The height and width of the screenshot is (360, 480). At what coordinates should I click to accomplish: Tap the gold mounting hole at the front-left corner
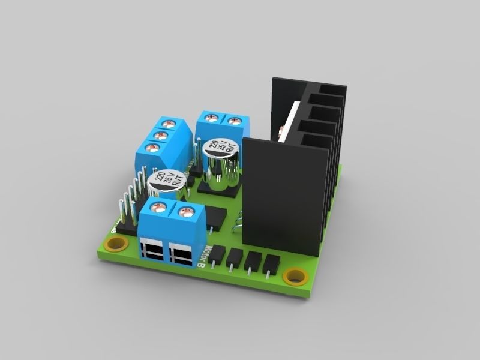(115, 244)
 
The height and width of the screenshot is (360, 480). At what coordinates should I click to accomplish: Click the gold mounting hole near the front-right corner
(295, 276)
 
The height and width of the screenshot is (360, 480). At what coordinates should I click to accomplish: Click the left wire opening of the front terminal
(154, 249)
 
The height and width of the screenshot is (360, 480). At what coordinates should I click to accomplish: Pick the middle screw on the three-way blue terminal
(160, 136)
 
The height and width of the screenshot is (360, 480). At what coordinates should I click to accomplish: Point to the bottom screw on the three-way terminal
(150, 147)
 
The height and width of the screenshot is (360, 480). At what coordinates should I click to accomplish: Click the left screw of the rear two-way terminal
(211, 118)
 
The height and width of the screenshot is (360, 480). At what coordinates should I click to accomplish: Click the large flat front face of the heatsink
(285, 192)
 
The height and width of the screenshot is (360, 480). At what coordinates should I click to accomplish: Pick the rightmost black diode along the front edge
(271, 265)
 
